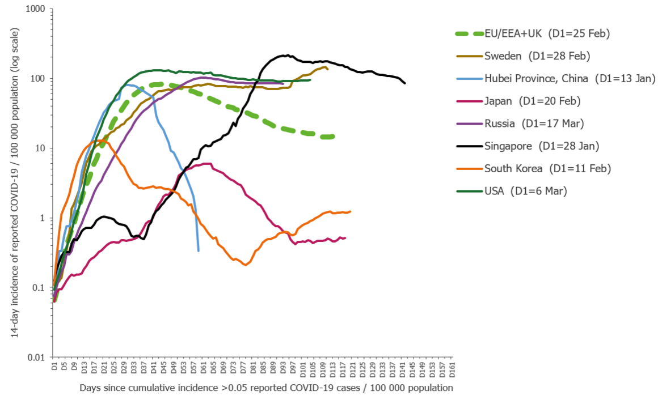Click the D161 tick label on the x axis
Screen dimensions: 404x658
pos(452,368)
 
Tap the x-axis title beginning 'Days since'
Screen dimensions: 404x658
pos(266,388)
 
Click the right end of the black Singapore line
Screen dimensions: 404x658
pos(405,83)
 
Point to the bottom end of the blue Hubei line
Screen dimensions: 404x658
pos(198,250)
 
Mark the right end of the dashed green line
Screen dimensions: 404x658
pos(334,137)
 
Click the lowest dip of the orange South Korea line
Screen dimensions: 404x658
pos(245,265)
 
